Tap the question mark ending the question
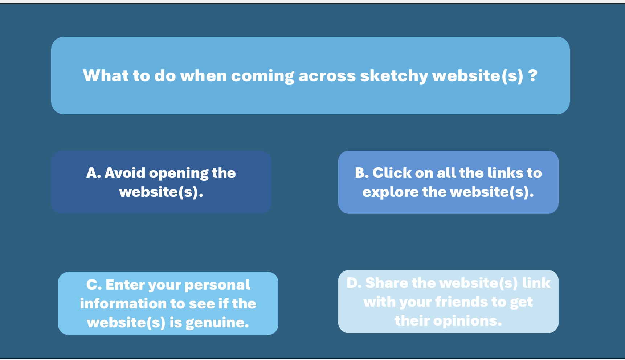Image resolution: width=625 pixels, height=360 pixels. pos(532,75)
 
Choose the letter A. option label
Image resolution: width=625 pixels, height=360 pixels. pos(94,173)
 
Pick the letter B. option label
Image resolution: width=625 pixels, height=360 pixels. pos(362,173)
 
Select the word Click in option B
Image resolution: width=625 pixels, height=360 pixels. pos(392,173)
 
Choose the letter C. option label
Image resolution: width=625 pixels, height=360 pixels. pos(94,285)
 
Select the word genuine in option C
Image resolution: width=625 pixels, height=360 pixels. pos(217,323)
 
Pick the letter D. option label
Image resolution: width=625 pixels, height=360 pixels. pos(354,283)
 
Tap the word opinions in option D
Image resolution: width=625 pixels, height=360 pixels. pos(467,321)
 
